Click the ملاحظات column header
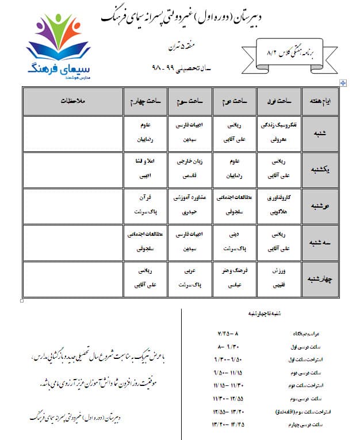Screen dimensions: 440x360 click(73, 101)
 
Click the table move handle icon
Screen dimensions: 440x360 click(343, 83)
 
